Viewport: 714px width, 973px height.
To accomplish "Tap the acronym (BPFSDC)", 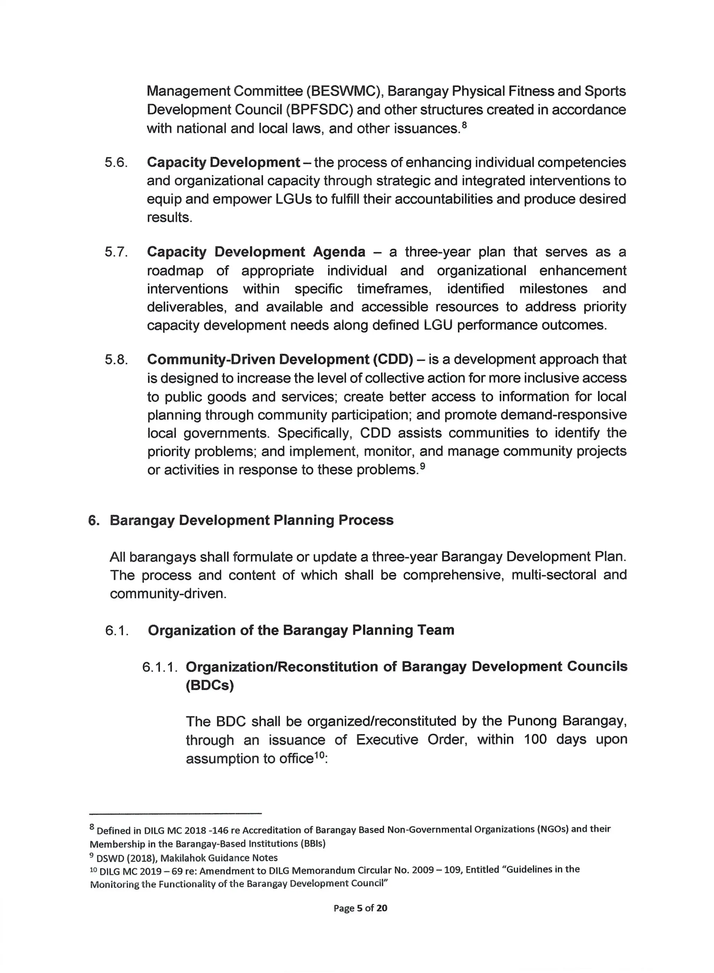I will click(x=320, y=110).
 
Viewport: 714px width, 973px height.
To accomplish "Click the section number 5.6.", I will click(x=116, y=163).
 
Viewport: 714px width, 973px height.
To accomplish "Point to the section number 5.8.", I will click(x=116, y=360).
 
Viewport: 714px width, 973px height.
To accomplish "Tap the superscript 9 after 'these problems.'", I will click(x=423, y=466).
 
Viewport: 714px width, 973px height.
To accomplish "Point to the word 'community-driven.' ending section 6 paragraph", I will click(x=168, y=594).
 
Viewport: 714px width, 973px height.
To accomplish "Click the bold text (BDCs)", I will click(x=210, y=686).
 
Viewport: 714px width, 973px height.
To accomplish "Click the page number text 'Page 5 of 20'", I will click(x=360, y=908).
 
